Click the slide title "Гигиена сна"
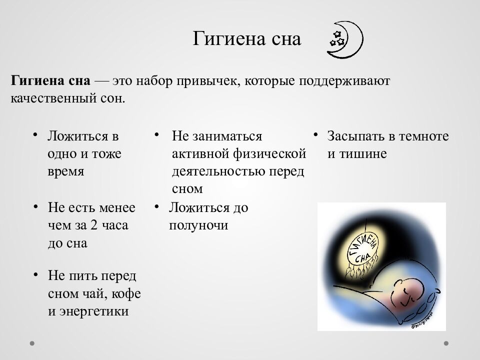tap(246, 39)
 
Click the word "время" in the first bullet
tap(65, 171)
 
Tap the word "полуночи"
tap(198, 225)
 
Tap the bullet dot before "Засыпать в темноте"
tap(316, 135)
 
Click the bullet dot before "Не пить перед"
tap(35, 274)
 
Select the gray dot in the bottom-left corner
tap(32, 343)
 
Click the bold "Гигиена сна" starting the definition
tap(50, 80)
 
